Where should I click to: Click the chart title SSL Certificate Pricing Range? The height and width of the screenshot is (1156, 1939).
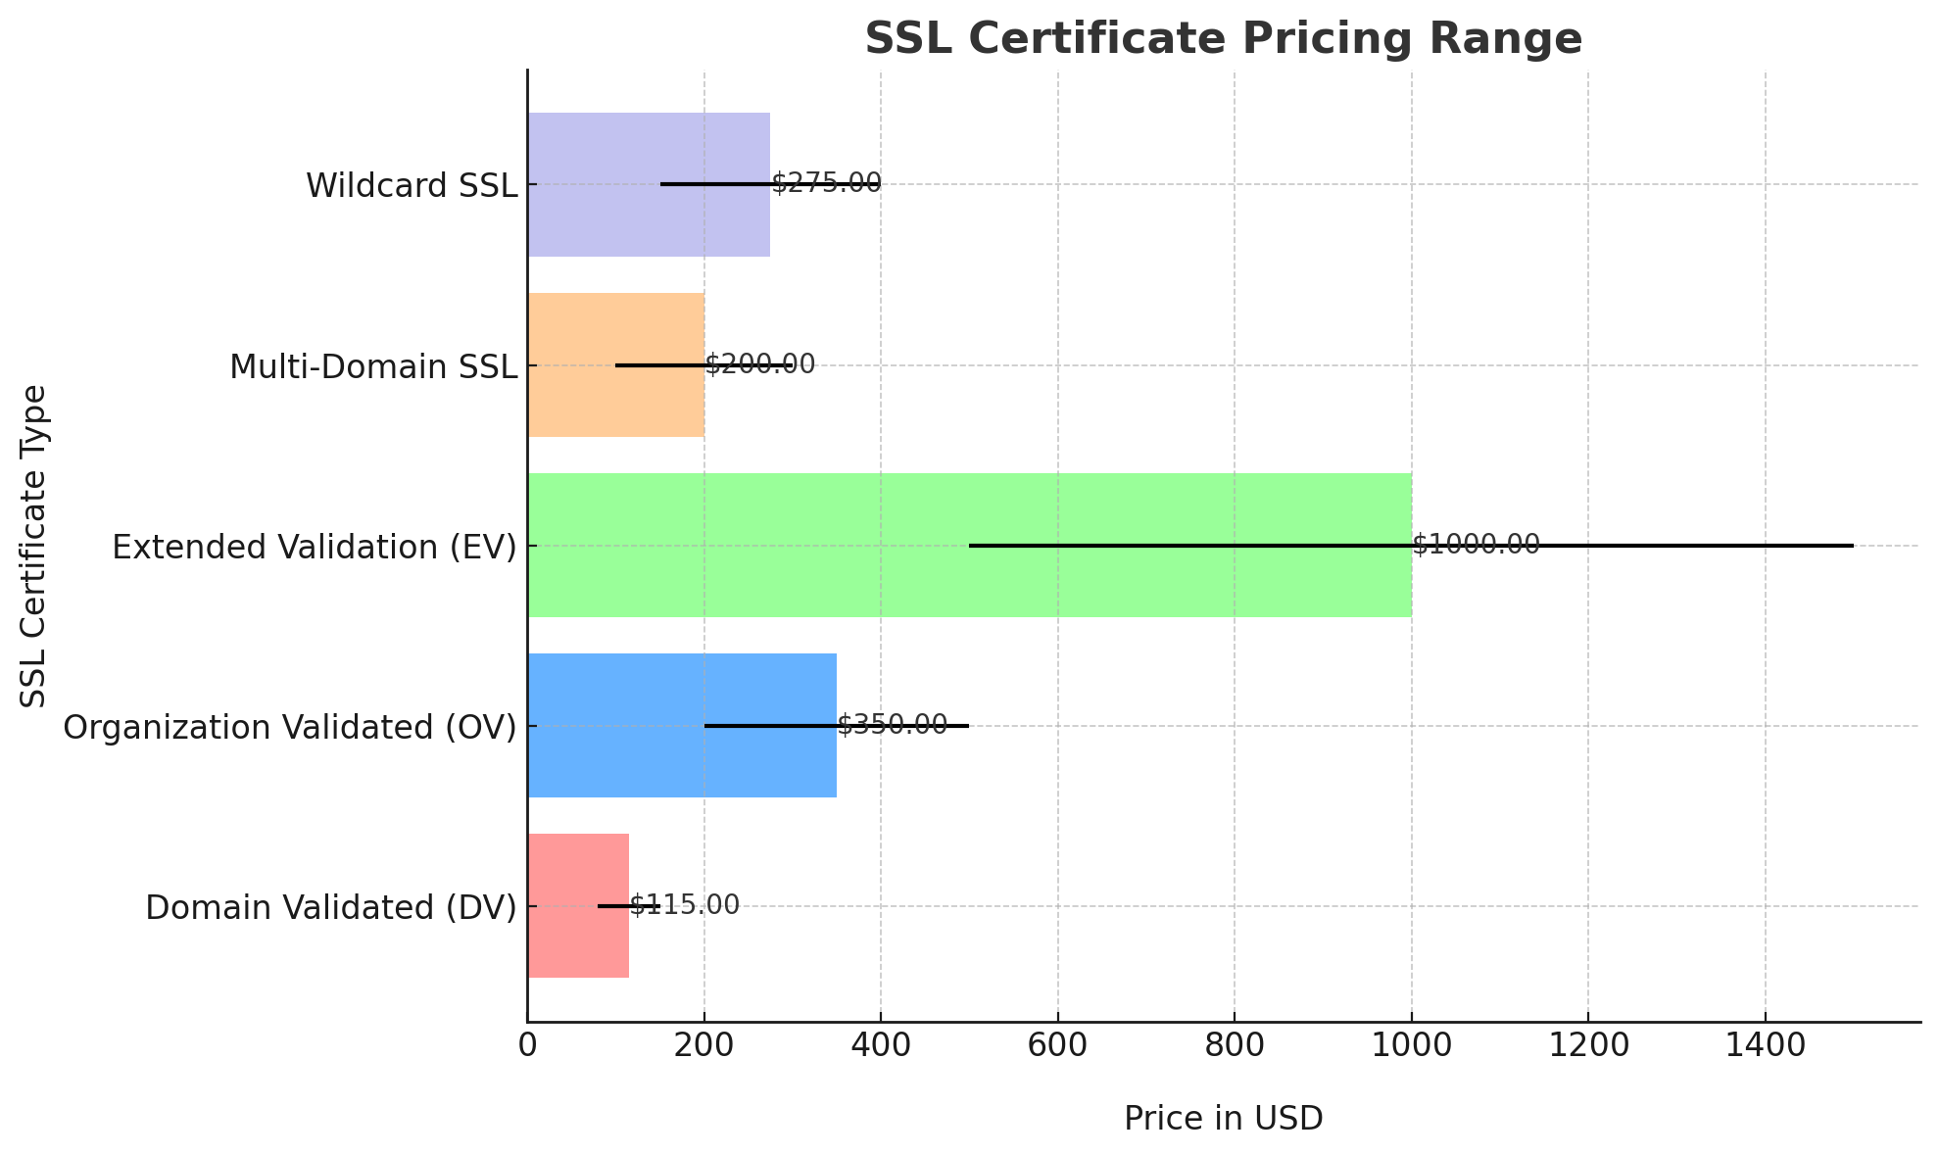click(1223, 39)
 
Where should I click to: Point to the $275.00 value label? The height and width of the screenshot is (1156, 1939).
click(826, 183)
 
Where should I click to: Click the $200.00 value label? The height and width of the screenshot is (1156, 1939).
click(759, 364)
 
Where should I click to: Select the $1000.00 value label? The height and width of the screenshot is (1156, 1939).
click(1476, 545)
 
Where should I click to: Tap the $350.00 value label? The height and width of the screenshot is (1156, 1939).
click(892, 725)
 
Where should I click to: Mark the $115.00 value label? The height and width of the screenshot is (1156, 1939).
click(684, 905)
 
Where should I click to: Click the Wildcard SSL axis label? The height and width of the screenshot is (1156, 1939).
click(412, 185)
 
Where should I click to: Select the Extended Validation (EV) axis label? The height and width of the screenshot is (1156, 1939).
click(314, 547)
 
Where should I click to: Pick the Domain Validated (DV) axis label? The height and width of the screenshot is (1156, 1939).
click(330, 907)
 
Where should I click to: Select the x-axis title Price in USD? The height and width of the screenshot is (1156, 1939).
click(1223, 1118)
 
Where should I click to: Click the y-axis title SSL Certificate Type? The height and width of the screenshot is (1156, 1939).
click(34, 545)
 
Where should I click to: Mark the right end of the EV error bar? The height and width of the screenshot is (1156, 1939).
click(1853, 545)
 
